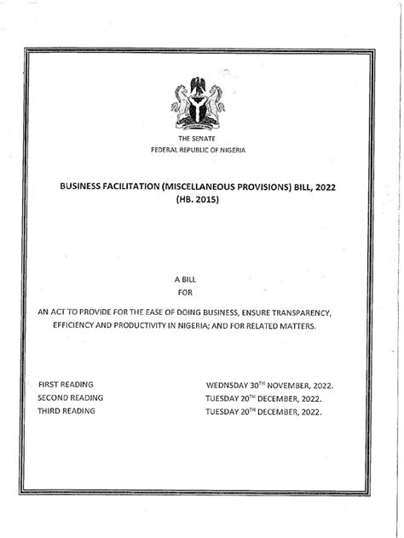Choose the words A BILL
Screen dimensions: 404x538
tap(201, 279)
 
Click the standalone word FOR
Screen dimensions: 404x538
tap(201, 293)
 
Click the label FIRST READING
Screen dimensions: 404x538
tap(66, 385)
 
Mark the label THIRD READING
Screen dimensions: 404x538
tap(67, 411)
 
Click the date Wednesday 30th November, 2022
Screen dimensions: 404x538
tap(269, 385)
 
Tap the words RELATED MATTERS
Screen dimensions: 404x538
tap(283, 327)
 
